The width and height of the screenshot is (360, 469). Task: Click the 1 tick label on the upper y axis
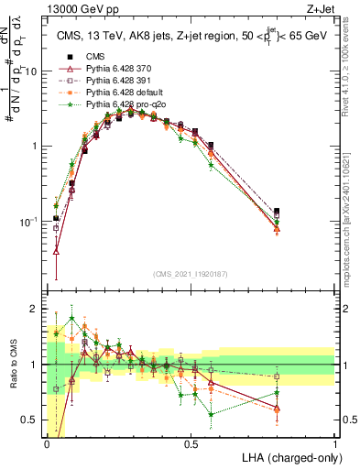click(x=36, y=147)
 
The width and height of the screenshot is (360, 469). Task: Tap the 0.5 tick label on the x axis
click(x=191, y=443)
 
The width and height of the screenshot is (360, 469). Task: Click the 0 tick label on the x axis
click(x=47, y=443)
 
